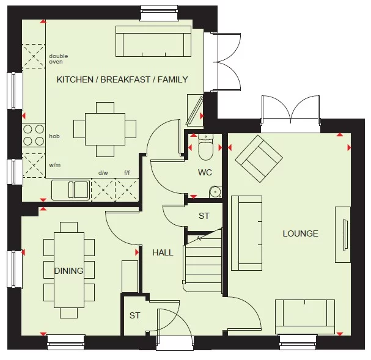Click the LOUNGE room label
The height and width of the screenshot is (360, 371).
300,233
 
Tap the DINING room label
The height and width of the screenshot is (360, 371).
68,271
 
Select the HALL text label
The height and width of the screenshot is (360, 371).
163,252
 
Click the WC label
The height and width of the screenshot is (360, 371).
205,172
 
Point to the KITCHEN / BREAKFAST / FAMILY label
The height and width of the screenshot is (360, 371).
122,79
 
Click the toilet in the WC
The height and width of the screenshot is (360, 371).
205,147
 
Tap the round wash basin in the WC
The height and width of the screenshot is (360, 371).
214,192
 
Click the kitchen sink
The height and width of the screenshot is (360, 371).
70,189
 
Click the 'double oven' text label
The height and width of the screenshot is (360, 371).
59,59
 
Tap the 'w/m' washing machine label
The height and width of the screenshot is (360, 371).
55,165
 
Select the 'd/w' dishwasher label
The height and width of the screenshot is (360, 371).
103,173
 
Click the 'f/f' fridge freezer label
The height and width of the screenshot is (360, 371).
128,173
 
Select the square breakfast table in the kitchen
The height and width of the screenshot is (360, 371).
105,129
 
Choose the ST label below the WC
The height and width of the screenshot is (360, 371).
204,216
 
